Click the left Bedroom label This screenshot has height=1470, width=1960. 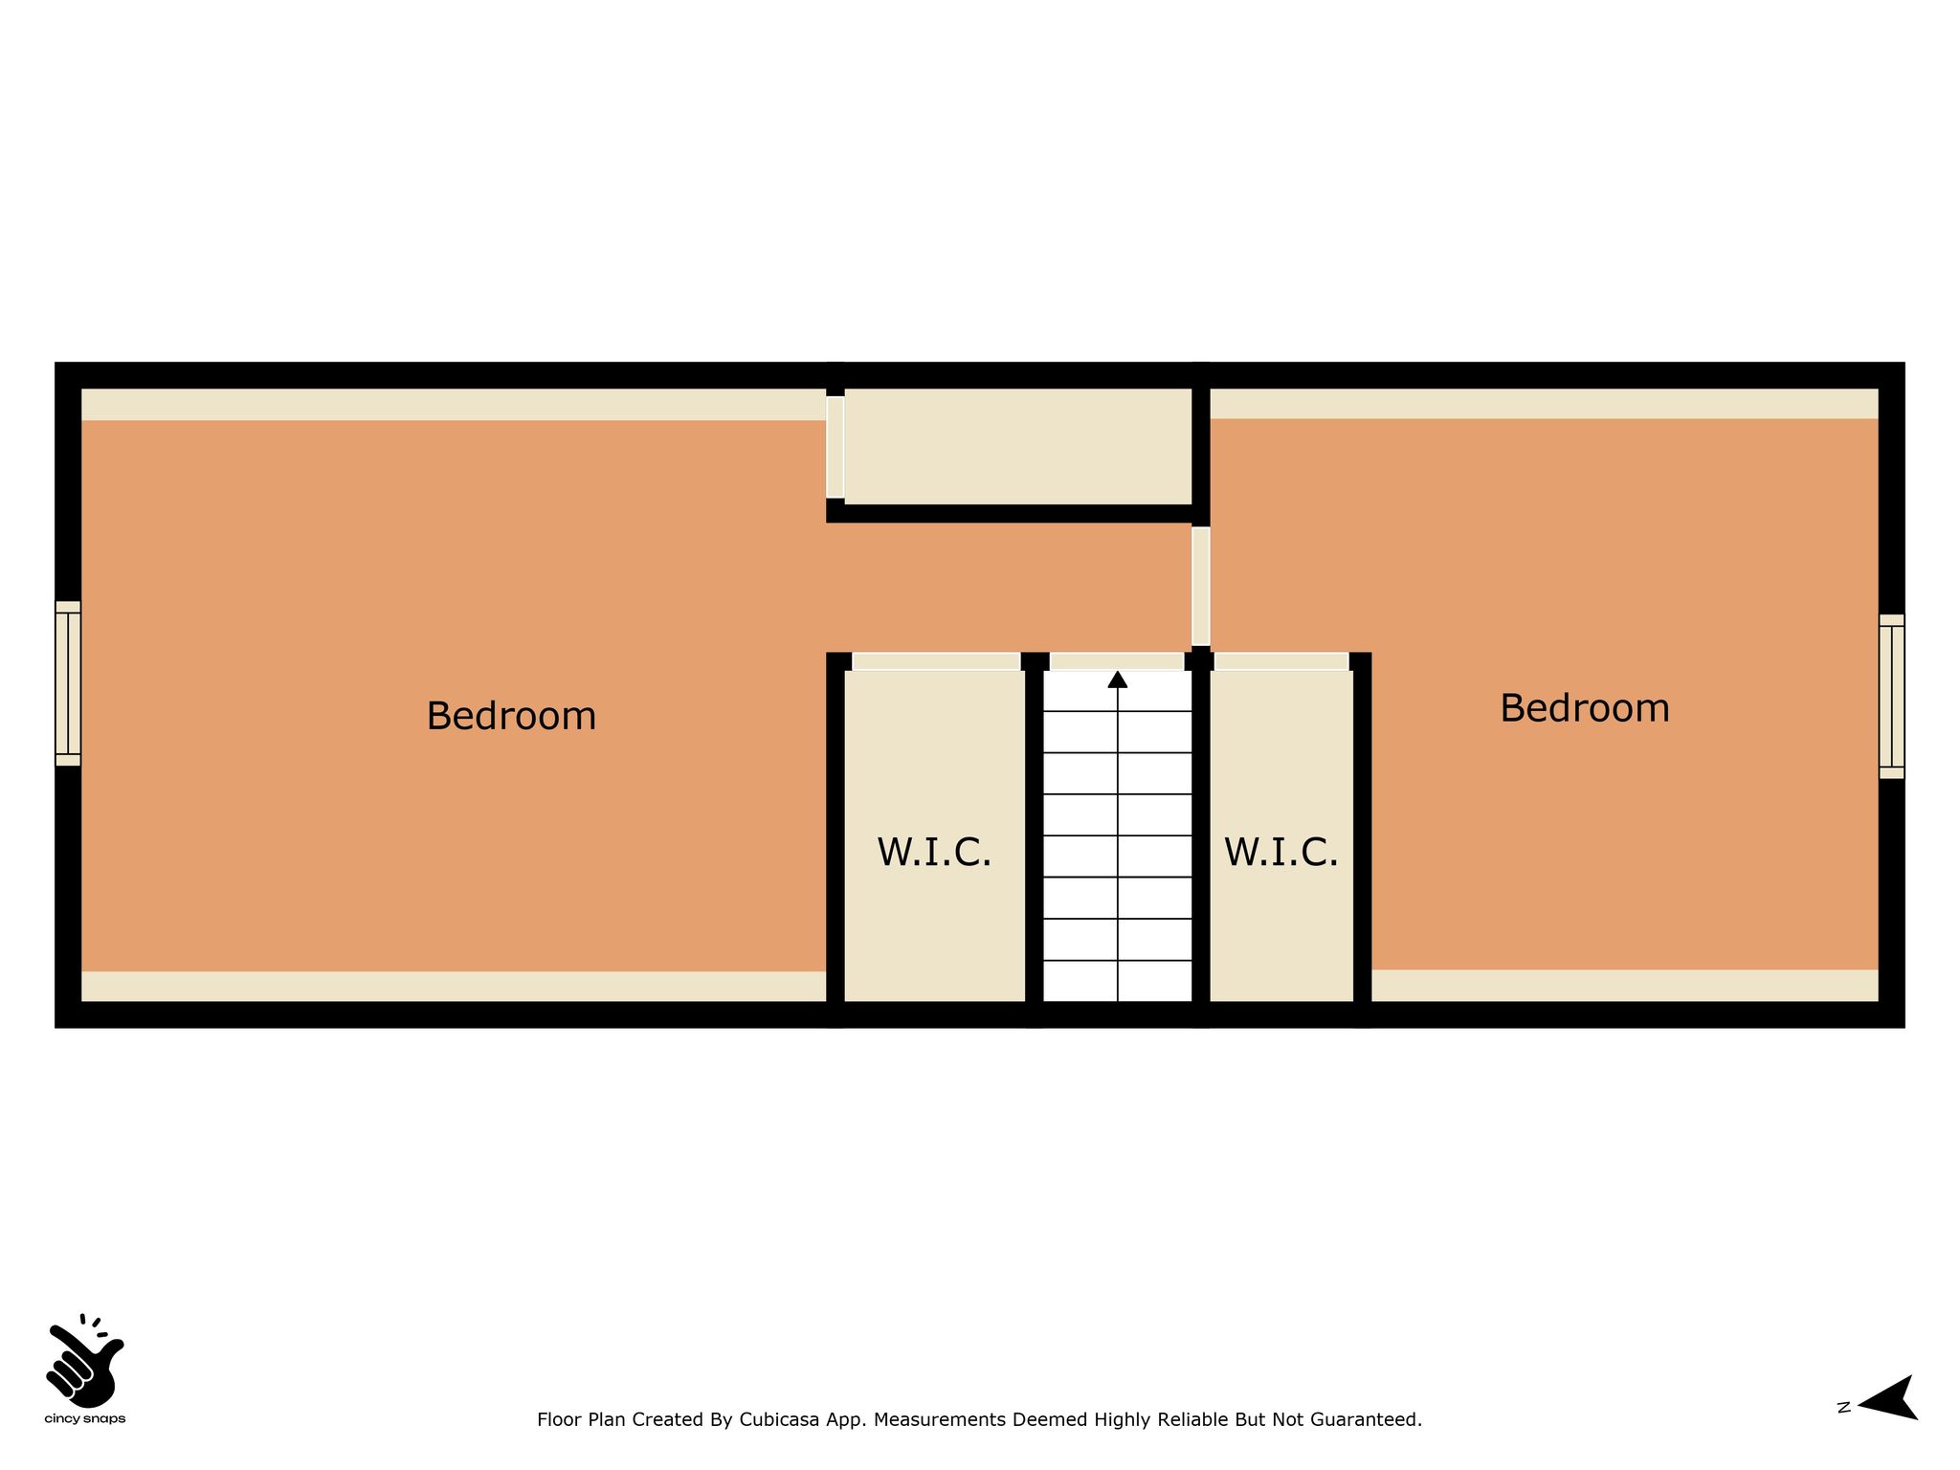coord(511,716)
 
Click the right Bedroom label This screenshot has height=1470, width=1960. coord(1585,708)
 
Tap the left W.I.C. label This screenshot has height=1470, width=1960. coord(934,852)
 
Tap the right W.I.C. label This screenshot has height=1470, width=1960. coord(1281,852)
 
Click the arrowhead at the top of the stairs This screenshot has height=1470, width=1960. coord(1118,679)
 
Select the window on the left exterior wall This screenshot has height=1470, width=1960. coord(68,683)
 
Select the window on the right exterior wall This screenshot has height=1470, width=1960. coord(1891,696)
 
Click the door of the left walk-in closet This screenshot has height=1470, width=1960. coord(936,661)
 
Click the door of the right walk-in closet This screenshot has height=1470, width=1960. coord(1281,661)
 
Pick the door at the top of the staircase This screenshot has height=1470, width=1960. coord(1117,661)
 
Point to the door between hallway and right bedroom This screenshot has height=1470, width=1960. coord(1201,586)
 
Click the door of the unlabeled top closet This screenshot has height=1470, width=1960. coord(835,447)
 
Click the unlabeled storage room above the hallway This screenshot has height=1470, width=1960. coord(1018,446)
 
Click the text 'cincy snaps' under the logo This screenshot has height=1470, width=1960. coord(85,1419)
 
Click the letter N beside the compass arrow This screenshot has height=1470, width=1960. coord(1844,1407)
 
